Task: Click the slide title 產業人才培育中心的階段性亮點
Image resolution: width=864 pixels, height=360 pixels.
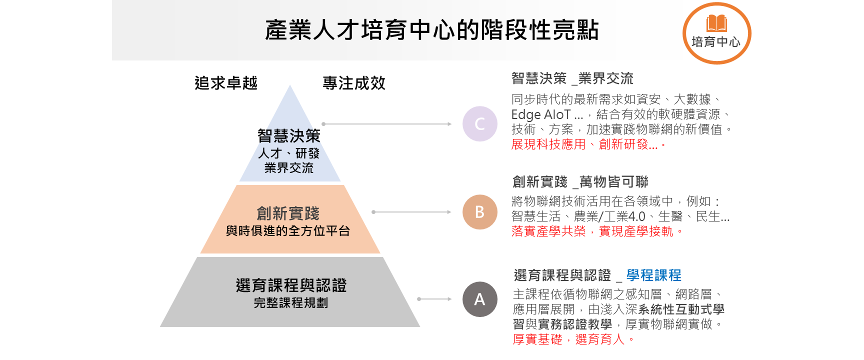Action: [x=431, y=30]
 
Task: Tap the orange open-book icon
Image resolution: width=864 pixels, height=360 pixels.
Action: [x=716, y=23]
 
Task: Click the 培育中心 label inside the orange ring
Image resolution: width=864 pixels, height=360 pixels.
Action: [x=716, y=42]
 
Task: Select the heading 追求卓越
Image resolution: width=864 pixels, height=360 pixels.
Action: [x=226, y=83]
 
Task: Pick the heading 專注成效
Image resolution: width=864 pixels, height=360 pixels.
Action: [x=354, y=83]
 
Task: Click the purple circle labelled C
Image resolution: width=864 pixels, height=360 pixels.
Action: [x=479, y=124]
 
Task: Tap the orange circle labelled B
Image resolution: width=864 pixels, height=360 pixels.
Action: [x=479, y=212]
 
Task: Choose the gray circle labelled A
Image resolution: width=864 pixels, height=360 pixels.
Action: [x=479, y=299]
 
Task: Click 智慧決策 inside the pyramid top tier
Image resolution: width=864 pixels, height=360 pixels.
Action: [x=289, y=136]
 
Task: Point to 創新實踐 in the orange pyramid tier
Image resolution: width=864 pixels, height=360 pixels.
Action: [x=288, y=213]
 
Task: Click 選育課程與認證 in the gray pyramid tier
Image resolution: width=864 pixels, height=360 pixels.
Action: [x=291, y=285]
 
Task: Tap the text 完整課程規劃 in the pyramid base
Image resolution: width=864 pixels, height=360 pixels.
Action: [x=291, y=303]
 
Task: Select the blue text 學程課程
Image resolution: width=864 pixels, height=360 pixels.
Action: [x=653, y=275]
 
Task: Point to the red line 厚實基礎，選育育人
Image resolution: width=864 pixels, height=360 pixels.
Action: [x=573, y=339]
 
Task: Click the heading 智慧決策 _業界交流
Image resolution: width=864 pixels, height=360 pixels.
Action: [x=572, y=78]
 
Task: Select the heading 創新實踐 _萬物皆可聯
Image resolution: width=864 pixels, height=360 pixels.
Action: [x=580, y=182]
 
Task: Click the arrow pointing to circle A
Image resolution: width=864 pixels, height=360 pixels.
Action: [x=434, y=299]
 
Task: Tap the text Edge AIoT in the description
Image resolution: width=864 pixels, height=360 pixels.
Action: [x=541, y=114]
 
